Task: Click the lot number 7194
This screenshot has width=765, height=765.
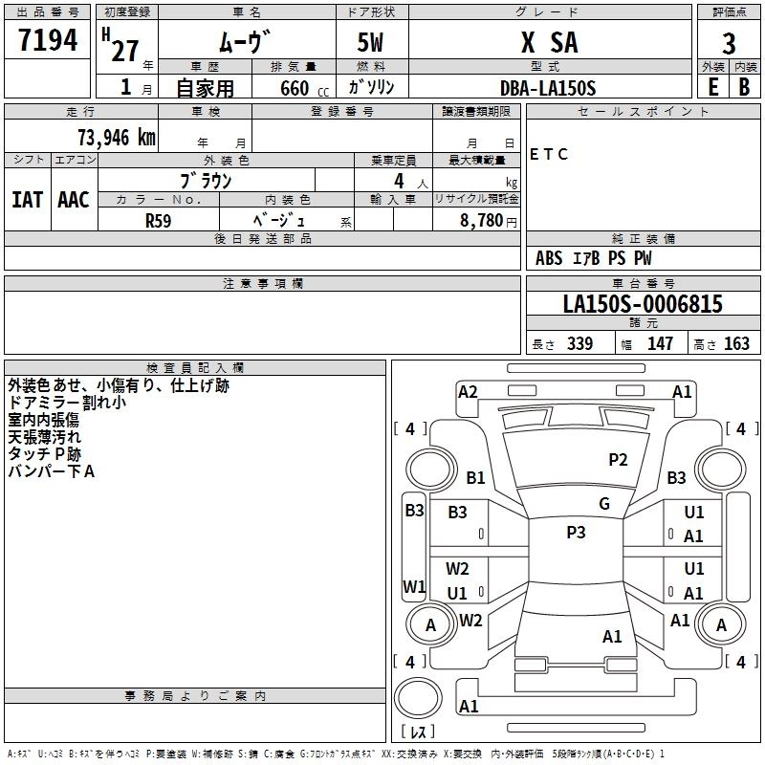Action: tap(48, 41)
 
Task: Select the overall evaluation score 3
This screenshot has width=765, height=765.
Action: tap(729, 43)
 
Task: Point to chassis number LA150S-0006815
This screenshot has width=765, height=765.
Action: tap(642, 304)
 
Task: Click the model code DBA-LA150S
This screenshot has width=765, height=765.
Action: tap(548, 88)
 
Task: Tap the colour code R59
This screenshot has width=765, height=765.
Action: tap(159, 219)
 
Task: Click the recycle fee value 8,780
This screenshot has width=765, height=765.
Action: tap(482, 220)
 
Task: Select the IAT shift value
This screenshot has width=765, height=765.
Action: tap(27, 200)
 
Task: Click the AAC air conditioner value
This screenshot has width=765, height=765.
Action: tap(73, 200)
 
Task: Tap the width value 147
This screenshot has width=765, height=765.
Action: tap(660, 343)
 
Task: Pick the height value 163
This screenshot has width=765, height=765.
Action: tap(736, 343)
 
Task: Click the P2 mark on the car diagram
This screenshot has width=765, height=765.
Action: tap(619, 460)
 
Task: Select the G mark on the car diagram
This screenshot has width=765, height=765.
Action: tap(604, 504)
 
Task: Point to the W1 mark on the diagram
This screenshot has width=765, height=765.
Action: tap(413, 586)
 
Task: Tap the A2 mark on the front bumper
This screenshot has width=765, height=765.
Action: tap(468, 391)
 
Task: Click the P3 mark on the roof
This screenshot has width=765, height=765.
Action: tap(576, 533)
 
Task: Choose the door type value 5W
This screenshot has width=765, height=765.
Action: tap(372, 42)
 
